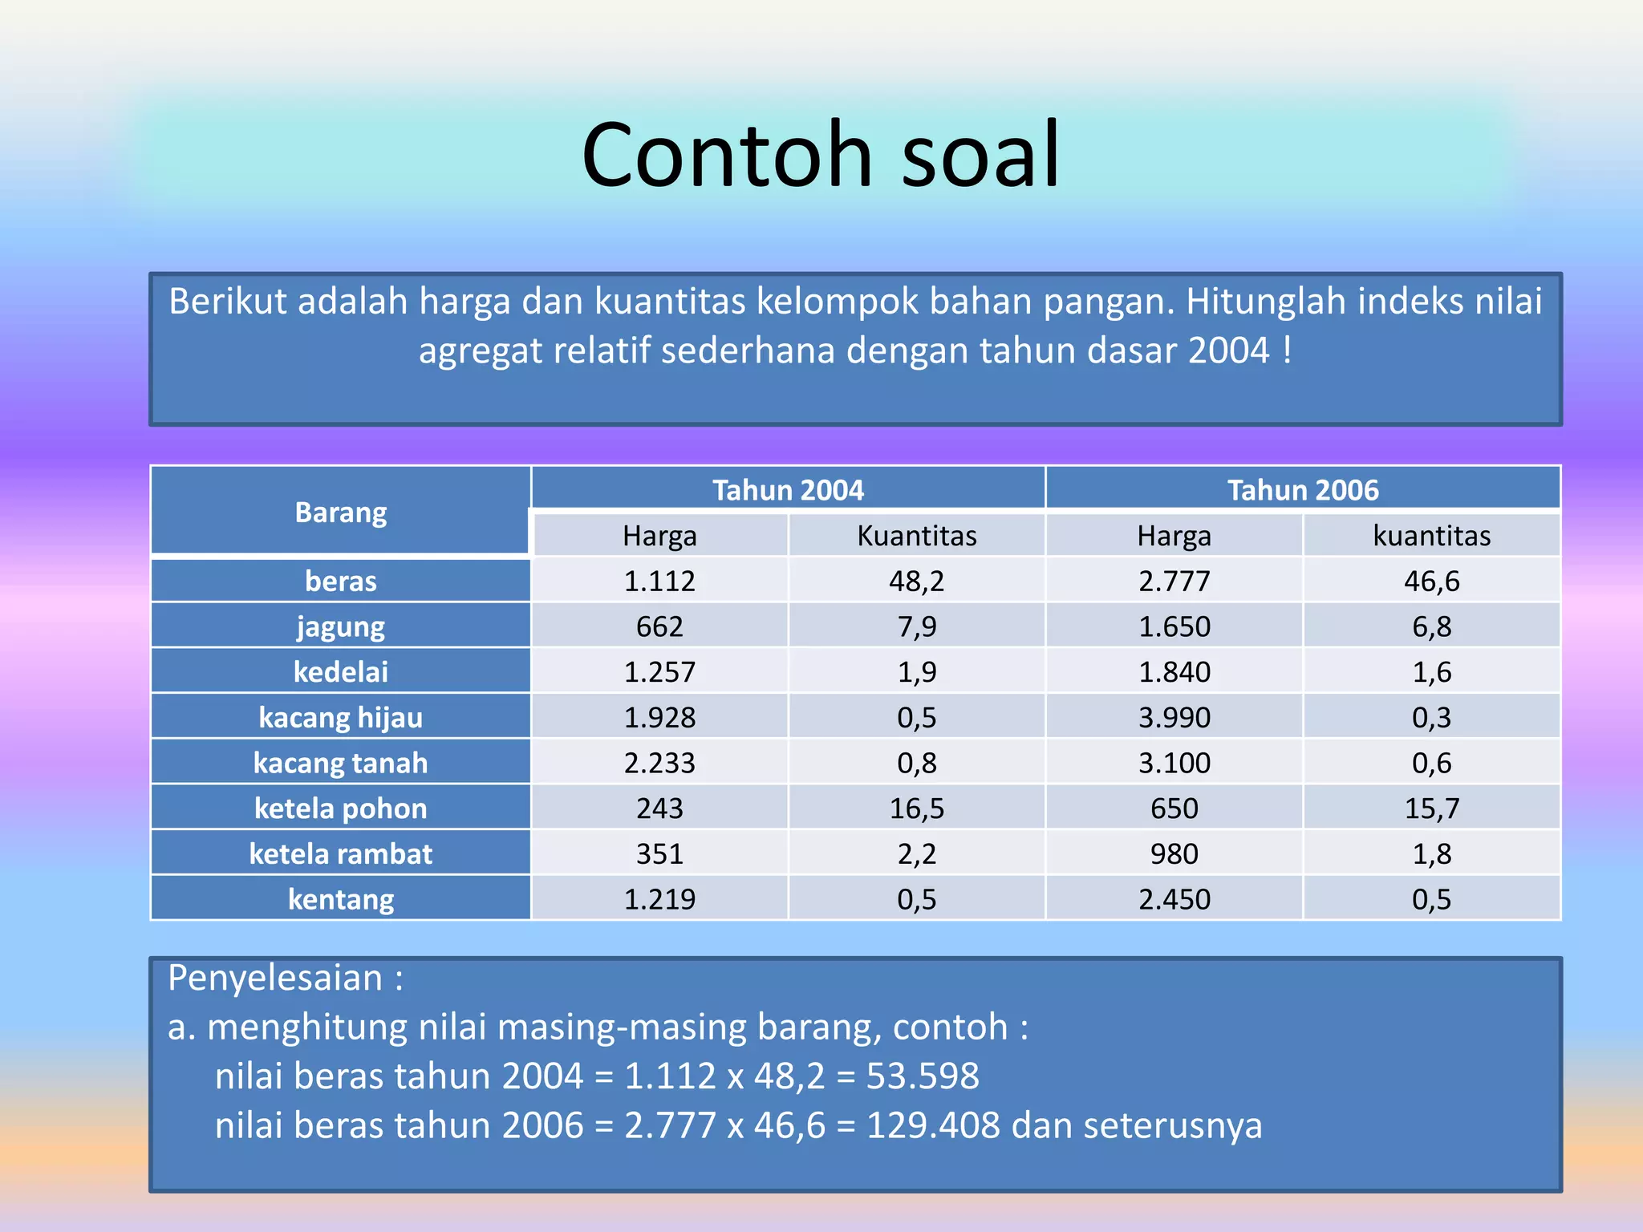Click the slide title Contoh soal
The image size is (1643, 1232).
pos(821,154)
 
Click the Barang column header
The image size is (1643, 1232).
pos(340,512)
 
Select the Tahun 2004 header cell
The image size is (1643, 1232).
pos(788,489)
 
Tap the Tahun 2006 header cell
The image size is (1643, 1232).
pos(1302,489)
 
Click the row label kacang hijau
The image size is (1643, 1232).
pos(340,717)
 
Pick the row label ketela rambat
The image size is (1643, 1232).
pos(340,853)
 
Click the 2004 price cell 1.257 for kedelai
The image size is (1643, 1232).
pos(659,671)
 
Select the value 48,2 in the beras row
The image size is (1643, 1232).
pos(916,581)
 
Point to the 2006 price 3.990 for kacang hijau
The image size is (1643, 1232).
pos(1174,717)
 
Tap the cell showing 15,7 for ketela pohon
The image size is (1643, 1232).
pos(1431,808)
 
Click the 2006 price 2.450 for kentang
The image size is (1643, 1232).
pos(1174,899)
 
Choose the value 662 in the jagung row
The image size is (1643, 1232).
pos(659,626)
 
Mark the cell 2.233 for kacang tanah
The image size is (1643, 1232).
pos(659,763)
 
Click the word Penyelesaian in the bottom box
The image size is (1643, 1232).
pos(274,978)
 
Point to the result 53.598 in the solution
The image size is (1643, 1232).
pos(923,1076)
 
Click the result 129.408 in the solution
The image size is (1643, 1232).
pos(933,1125)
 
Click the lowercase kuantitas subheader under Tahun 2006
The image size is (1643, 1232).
pos(1431,535)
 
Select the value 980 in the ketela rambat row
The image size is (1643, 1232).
pos(1174,853)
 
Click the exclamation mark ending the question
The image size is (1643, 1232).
pos(1288,351)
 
